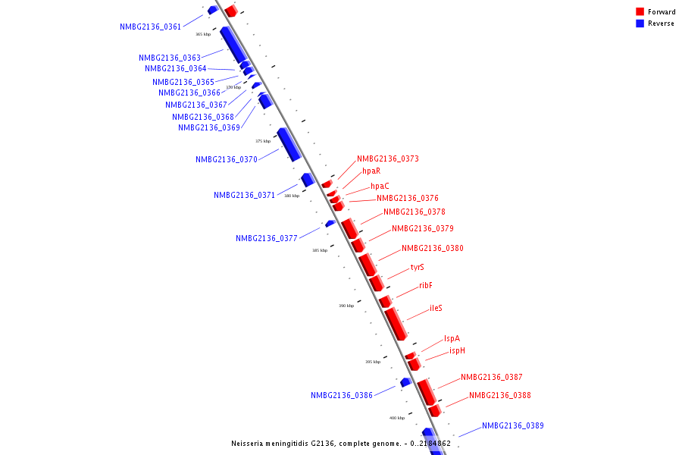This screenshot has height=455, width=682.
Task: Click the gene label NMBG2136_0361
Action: coord(150,27)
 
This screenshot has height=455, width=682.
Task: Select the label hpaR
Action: coord(371,171)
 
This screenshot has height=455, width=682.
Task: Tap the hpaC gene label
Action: coord(380,186)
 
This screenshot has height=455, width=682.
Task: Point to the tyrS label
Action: coord(418,267)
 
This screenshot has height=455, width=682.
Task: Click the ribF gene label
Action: coord(426,285)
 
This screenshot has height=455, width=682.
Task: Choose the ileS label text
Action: coord(436,308)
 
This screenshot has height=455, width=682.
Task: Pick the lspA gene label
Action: coord(452,338)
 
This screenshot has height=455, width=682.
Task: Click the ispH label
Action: coord(457,350)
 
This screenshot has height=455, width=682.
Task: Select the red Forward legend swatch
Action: coord(640,12)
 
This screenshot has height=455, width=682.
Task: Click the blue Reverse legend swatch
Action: coord(640,24)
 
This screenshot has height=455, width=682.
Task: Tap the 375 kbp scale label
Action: coord(263,141)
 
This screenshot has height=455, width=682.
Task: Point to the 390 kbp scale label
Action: coord(346,306)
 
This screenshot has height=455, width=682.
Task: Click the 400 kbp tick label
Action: coord(397,418)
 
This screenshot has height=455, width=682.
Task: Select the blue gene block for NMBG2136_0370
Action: coord(289,144)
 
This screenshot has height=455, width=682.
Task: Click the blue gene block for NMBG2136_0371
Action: coord(308,180)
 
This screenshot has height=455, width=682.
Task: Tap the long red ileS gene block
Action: coord(396,324)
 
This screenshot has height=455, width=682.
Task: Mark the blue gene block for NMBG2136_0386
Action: coord(405,382)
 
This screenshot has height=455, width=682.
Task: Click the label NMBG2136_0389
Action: coord(512,425)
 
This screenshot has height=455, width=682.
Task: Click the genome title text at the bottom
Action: coord(340,444)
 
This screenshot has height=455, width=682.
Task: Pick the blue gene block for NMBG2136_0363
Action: coord(233,45)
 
